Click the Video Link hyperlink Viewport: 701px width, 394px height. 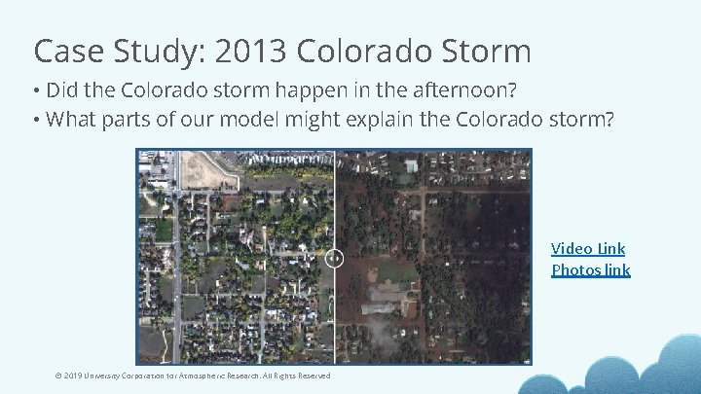pyautogui.click(x=588, y=249)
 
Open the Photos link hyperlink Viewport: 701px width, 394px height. pyautogui.click(x=590, y=270)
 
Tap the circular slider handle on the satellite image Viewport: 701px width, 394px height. pyautogui.click(x=334, y=258)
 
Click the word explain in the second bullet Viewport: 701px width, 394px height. pyautogui.click(x=427, y=120)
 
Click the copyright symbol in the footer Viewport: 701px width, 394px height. pyautogui.click(x=57, y=376)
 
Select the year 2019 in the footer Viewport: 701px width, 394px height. pyautogui.click(x=72, y=376)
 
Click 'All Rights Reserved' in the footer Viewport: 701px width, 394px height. pyautogui.click(x=298, y=376)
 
